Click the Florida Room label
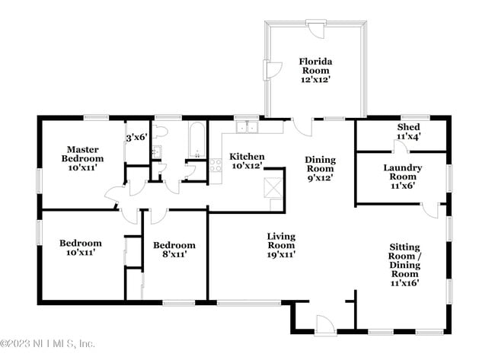pos(315,68)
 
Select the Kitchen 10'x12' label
pos(247,161)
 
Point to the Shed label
pos(409,131)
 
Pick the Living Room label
pos(281,245)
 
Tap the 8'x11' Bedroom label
pos(174,250)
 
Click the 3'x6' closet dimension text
pos(136,138)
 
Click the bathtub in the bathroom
pos(196,137)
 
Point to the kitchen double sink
pos(246,128)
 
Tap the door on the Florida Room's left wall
pos(270,71)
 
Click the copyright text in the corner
pos(48,344)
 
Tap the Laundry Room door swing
pos(430,210)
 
